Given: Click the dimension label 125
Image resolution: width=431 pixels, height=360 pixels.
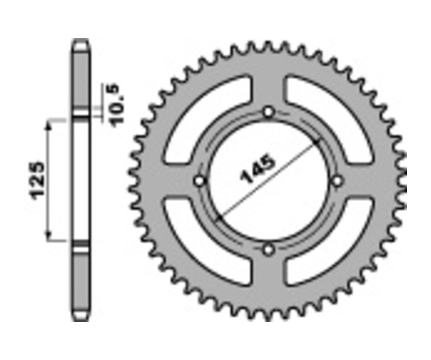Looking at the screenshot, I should pos(37,180).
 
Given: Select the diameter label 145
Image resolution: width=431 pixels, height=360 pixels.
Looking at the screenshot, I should pos(259,169).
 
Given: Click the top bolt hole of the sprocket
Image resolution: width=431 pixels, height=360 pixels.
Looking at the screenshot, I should pos(269,112).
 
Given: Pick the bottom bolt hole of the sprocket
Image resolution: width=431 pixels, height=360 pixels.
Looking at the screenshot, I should pos(269,250).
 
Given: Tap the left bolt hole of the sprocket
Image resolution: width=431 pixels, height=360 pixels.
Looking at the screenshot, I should pos(200,181).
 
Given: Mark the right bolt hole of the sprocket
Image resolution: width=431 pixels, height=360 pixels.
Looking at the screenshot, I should pos(338,181).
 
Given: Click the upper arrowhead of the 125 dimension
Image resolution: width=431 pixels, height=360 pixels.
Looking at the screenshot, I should pos(48,124).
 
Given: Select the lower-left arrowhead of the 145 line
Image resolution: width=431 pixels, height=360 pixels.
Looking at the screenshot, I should pos(219,218).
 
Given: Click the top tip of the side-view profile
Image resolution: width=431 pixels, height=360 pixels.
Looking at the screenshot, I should pos(80,41).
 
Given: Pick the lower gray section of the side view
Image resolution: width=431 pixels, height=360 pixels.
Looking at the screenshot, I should pos(80,282).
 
